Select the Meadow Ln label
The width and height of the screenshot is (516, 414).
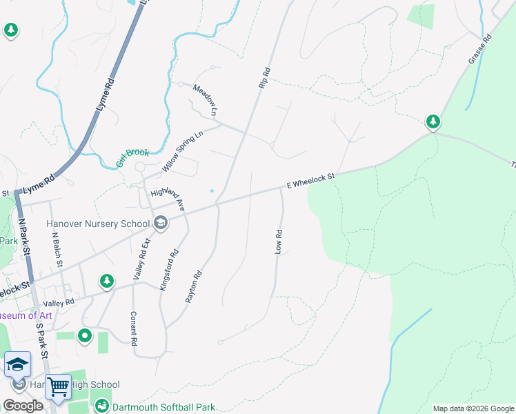coord(205,100)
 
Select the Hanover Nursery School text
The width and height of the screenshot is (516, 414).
coord(97,224)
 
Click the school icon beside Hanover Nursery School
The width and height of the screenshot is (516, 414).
coord(161,222)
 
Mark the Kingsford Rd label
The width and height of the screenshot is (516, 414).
coord(170,270)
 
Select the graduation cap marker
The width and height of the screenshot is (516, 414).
coord(17,364)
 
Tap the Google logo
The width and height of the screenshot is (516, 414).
coord(23,406)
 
